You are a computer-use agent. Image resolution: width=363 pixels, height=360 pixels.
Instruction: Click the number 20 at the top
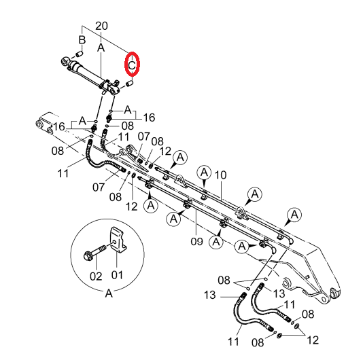101,26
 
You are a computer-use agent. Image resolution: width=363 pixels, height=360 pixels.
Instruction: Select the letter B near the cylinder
82,40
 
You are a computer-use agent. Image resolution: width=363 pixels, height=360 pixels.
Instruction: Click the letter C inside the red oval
132,65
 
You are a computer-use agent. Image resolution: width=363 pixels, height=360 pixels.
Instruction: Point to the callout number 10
220,175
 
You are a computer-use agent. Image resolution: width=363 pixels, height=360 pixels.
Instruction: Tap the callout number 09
196,241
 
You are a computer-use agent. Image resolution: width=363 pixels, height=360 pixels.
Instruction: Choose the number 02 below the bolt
96,276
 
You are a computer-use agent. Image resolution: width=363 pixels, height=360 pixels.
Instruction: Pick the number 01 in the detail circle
117,275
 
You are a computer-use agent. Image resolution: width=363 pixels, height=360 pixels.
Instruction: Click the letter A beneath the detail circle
109,293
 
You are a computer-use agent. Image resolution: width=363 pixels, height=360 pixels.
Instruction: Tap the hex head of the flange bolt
88,255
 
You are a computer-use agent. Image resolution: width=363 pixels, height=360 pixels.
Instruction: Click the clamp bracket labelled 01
118,240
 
